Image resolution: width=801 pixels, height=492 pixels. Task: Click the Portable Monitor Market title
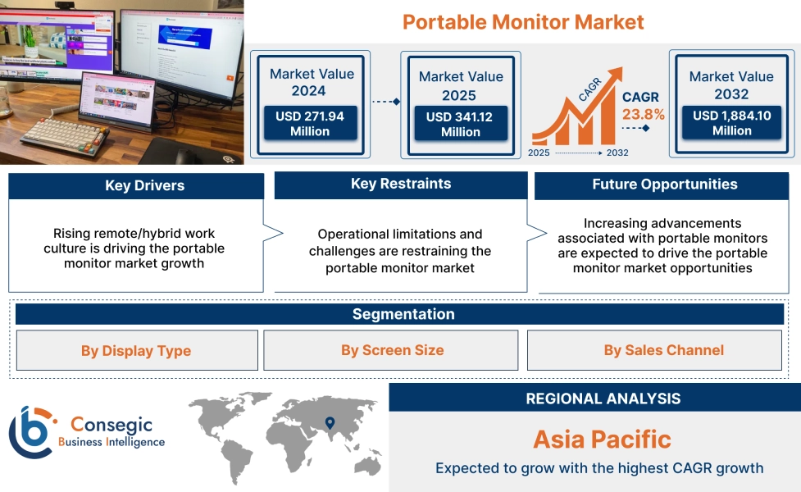click(523, 21)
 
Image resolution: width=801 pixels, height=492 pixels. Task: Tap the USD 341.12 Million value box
click(461, 125)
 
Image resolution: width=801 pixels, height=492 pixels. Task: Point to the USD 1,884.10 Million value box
click(731, 123)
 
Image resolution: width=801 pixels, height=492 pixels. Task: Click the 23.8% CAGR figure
click(644, 114)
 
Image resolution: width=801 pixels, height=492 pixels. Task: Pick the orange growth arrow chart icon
click(574, 115)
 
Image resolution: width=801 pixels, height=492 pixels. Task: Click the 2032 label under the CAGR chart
click(617, 153)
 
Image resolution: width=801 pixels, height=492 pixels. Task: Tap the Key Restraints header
click(400, 184)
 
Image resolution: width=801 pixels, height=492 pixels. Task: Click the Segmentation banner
click(403, 314)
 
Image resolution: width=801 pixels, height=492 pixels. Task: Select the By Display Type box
click(136, 351)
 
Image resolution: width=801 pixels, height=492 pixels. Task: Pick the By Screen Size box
click(392, 350)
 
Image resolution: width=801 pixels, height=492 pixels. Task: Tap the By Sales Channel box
click(663, 350)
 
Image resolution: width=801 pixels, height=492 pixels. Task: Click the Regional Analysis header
click(603, 399)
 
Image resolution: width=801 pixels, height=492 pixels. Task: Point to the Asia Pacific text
click(602, 439)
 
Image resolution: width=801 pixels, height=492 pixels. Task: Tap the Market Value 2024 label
click(312, 82)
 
